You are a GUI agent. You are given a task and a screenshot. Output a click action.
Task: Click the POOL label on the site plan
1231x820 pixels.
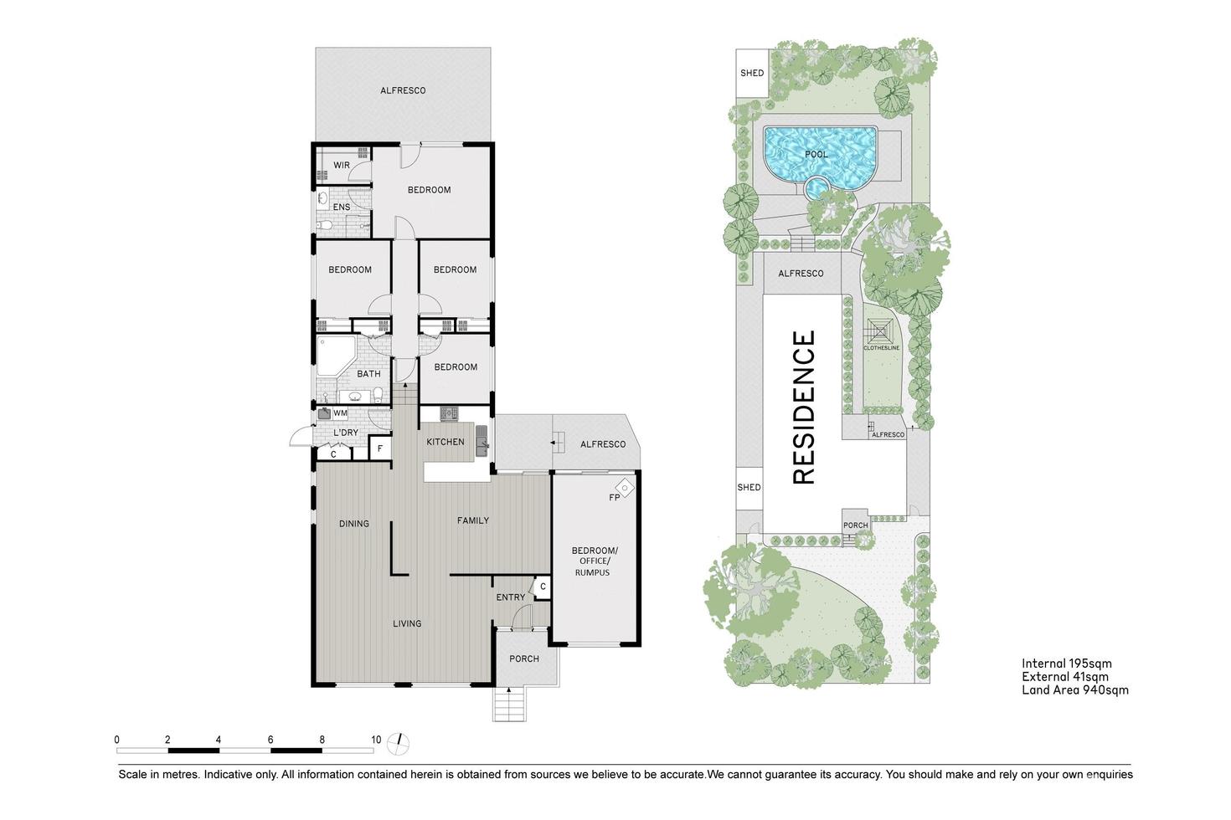point(816,155)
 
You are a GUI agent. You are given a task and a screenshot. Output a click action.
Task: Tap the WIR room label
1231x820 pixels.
point(342,166)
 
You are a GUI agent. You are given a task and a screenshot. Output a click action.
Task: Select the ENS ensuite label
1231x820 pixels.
point(342,208)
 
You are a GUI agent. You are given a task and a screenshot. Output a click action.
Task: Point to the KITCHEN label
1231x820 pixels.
point(446,442)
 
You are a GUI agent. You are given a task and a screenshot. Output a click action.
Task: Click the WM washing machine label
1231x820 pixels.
point(341,413)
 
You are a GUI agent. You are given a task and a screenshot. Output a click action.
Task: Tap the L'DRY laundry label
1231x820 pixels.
point(346,433)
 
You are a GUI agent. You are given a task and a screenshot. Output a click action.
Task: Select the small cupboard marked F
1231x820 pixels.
point(380,449)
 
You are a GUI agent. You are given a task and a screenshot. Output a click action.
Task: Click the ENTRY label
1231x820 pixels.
point(511,597)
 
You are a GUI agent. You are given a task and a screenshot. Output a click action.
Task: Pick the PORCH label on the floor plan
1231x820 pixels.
point(524,659)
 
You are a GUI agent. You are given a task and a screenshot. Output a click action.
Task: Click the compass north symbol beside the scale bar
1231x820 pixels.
point(403,741)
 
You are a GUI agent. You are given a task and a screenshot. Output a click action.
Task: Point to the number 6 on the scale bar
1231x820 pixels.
point(270,740)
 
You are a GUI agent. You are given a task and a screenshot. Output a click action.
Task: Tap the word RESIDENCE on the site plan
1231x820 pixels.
point(804,407)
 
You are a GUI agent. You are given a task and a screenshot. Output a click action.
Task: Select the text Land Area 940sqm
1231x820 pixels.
point(1075,690)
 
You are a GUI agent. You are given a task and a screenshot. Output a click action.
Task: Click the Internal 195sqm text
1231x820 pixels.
point(1067,664)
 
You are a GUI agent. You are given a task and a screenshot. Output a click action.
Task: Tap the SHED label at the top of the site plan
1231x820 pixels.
point(752,73)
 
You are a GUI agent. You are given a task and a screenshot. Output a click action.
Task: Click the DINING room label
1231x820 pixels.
point(354,524)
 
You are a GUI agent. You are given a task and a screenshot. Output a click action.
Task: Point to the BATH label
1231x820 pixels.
point(368,374)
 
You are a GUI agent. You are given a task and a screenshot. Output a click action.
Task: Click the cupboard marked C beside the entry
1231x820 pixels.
point(543,587)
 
